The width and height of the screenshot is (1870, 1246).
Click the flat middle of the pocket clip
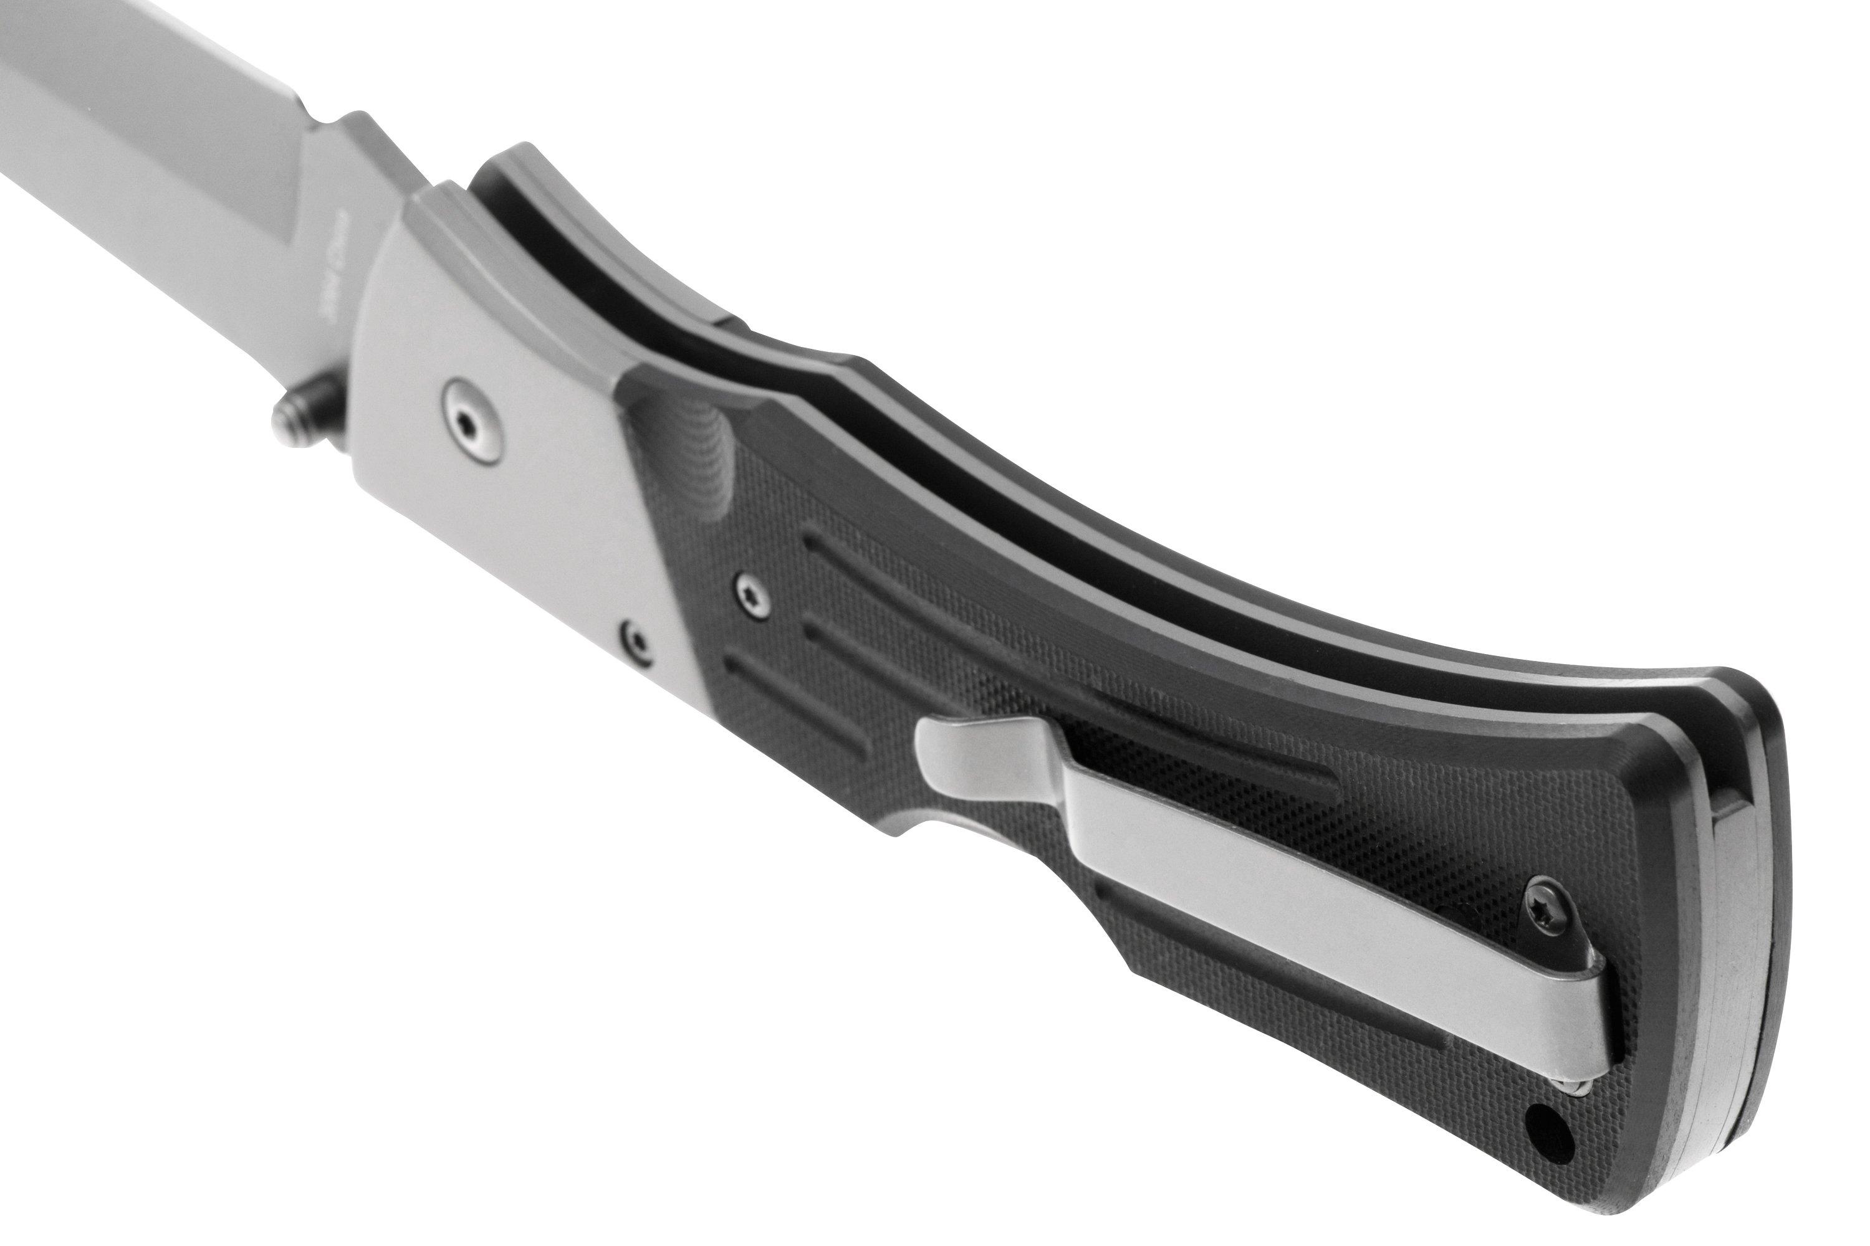1272,890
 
